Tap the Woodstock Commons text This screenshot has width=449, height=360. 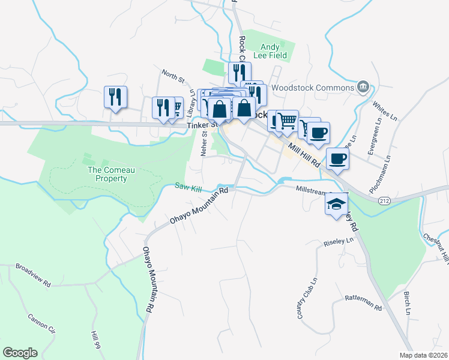(x=312, y=88)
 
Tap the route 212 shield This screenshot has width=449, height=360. (x=385, y=201)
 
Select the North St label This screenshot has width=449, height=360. (x=173, y=76)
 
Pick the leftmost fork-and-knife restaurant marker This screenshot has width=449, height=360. (x=115, y=97)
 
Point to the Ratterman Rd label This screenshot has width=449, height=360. (x=364, y=302)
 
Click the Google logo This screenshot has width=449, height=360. (x=20, y=353)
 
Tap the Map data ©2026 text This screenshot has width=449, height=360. (x=423, y=355)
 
